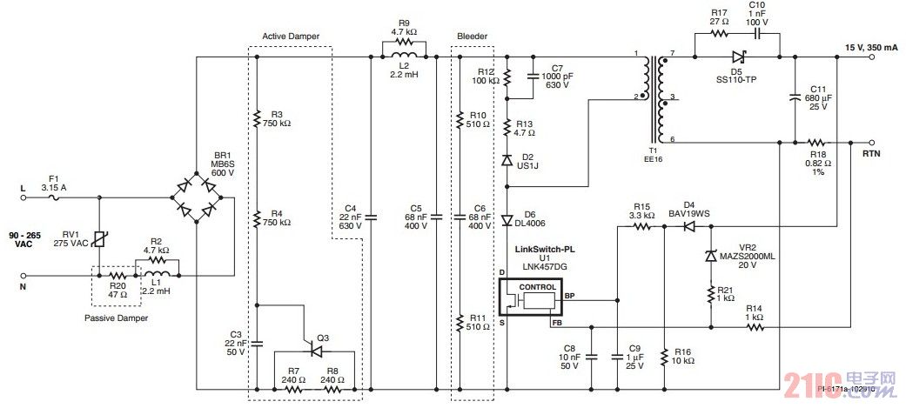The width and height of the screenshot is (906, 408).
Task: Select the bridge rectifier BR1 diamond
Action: [197, 197]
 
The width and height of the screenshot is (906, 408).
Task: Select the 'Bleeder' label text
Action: [472, 36]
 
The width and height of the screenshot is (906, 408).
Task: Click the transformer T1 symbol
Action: [652, 97]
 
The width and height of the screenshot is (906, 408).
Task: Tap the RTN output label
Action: [871, 152]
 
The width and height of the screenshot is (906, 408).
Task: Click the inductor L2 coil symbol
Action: [403, 57]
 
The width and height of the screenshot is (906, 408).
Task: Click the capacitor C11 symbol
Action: [795, 98]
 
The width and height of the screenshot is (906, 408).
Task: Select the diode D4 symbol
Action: [688, 226]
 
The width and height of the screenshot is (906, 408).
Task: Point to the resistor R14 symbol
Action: [755, 328]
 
